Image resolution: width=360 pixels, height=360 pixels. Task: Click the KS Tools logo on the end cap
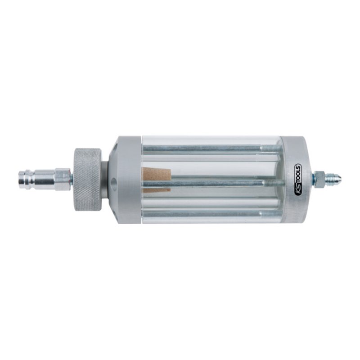(x=297, y=180)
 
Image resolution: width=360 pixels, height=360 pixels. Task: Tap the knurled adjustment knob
(x=87, y=179)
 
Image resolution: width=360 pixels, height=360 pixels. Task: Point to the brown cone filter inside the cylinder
(x=157, y=180)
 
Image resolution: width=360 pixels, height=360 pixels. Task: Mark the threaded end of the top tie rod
(x=271, y=148)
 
